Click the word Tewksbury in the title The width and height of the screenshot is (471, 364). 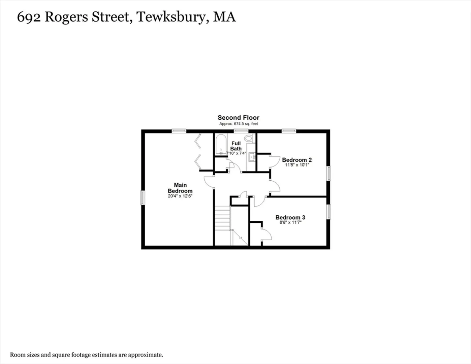tap(173, 17)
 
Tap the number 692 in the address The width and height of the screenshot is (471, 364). tap(29, 17)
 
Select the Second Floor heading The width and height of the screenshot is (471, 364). tap(239, 118)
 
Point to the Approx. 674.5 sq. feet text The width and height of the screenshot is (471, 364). tap(239, 124)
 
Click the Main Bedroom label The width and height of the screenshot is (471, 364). tap(180, 188)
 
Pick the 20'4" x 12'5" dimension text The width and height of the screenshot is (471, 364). tap(180, 196)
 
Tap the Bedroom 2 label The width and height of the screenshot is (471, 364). tap(297, 160)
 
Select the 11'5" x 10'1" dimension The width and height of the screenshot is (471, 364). tap(297, 165)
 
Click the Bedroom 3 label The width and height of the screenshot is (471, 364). tap(290, 217)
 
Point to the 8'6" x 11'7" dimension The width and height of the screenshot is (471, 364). tap(290, 222)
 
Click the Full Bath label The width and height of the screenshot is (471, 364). tap(236, 146)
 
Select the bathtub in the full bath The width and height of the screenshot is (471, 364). tap(221, 144)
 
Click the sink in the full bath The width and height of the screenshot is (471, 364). tap(252, 157)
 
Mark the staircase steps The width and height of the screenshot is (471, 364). tap(222, 218)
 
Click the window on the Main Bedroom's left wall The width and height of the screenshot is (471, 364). tap(143, 198)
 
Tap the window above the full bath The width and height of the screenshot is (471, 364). tap(241, 131)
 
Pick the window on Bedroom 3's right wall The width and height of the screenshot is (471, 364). tap(328, 212)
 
